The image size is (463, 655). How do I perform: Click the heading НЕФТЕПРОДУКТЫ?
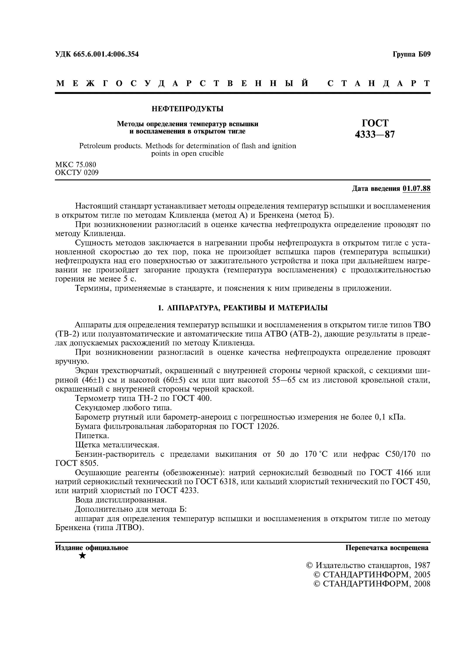coord(187,109)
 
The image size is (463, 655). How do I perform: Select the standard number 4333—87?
coord(375,134)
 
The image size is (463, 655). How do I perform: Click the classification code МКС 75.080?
coord(76,165)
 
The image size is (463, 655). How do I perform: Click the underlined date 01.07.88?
coord(416,189)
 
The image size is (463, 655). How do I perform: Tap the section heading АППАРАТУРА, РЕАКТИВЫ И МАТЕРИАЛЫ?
coord(247,308)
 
